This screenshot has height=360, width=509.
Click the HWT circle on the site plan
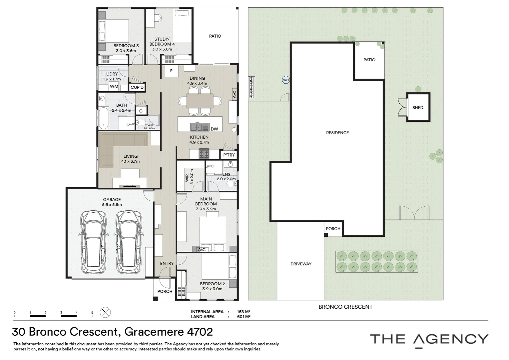click(286, 80)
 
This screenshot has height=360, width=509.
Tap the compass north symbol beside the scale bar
click(105, 312)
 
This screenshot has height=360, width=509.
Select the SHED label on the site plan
click(418, 108)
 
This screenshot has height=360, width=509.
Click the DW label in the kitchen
click(214, 129)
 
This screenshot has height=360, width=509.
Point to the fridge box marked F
click(171, 71)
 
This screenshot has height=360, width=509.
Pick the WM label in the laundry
click(114, 86)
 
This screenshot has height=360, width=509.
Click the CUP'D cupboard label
click(137, 87)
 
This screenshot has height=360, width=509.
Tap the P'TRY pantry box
click(229, 155)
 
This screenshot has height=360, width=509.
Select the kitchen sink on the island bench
click(200, 126)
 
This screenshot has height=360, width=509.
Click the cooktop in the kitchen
click(204, 153)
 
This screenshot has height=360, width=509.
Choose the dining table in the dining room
click(200, 101)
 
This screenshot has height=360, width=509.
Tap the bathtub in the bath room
click(104, 118)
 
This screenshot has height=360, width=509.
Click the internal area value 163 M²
click(244, 312)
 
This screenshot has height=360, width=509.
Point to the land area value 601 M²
click(244, 317)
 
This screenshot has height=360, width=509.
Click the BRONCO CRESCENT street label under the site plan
click(345, 307)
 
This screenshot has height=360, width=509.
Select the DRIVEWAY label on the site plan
click(301, 264)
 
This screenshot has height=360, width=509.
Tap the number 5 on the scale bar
click(92, 312)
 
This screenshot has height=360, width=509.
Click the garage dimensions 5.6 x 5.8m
click(112, 204)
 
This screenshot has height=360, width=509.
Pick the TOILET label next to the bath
click(149, 125)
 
